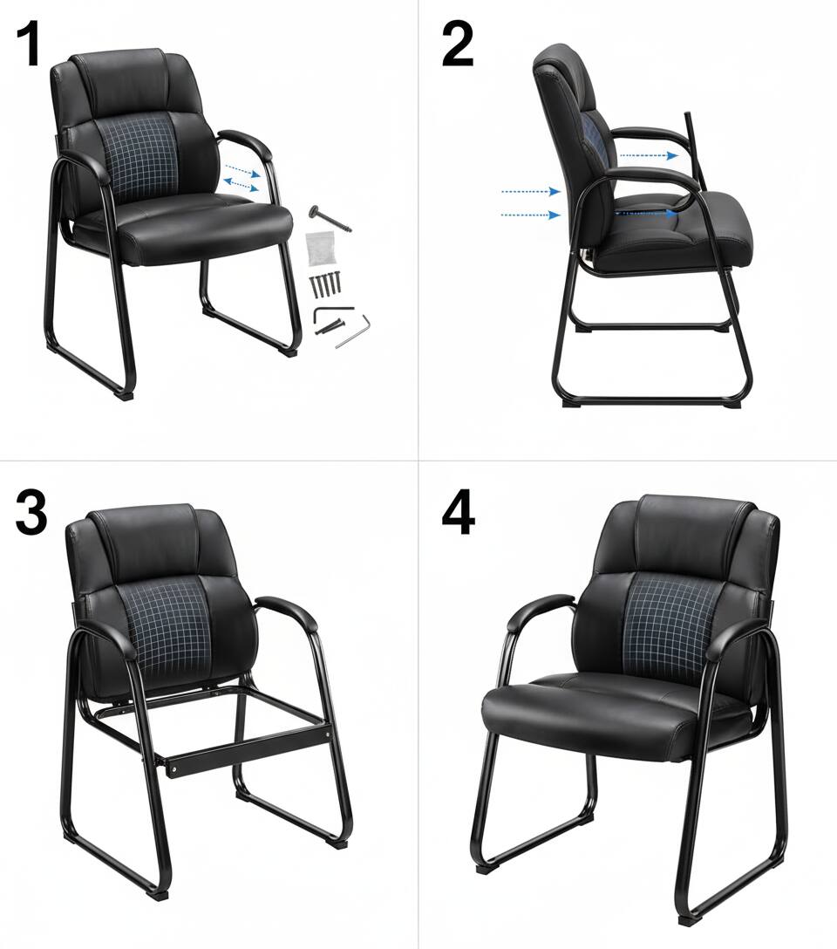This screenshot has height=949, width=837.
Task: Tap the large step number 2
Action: (x=457, y=44)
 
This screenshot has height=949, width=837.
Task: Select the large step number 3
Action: (x=31, y=513)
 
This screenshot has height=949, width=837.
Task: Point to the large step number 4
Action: (x=459, y=514)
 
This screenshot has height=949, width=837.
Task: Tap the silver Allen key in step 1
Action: (x=353, y=331)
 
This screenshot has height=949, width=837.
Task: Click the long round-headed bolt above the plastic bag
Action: (x=330, y=219)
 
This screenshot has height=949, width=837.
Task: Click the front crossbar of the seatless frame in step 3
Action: (x=248, y=746)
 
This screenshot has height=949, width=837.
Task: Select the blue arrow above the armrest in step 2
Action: (x=649, y=155)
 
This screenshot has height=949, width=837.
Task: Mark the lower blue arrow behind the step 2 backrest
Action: (x=531, y=215)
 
